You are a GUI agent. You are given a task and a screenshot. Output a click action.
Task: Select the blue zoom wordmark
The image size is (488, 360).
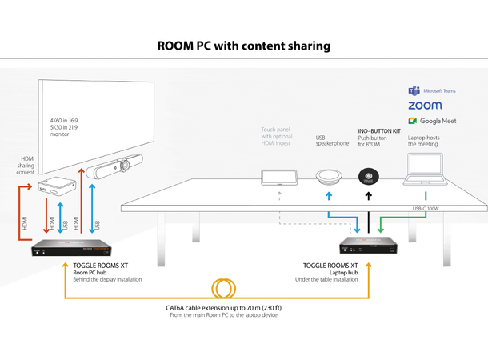pyautogui.click(x=424, y=106)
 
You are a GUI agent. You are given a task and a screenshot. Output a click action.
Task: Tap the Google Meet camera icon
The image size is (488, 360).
pyautogui.click(x=413, y=121)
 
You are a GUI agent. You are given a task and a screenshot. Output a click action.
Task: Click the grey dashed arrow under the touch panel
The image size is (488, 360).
pyautogui.click(x=278, y=194)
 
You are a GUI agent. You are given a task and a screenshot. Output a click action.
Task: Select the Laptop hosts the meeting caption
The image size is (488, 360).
pyautogui.click(x=429, y=142)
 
